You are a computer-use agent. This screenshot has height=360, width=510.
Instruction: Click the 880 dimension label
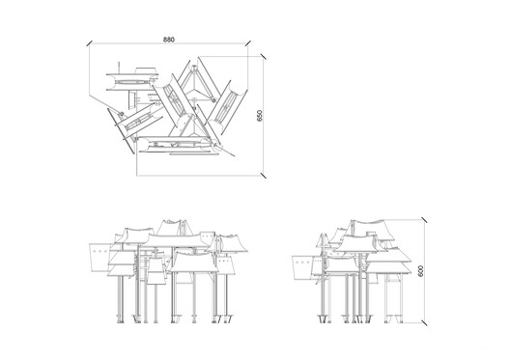pyautogui.click(x=169, y=40)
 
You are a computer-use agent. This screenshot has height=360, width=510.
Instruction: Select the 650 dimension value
pyautogui.click(x=258, y=114)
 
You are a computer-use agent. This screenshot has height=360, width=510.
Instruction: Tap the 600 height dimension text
pyautogui.click(x=420, y=273)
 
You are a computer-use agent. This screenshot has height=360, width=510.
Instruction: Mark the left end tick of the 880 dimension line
pyautogui.click(x=88, y=43)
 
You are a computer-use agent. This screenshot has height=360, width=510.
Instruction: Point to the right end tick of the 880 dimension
pyautogui.click(x=249, y=43)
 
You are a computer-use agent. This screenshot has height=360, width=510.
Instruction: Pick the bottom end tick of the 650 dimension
pyautogui.click(x=265, y=174)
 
